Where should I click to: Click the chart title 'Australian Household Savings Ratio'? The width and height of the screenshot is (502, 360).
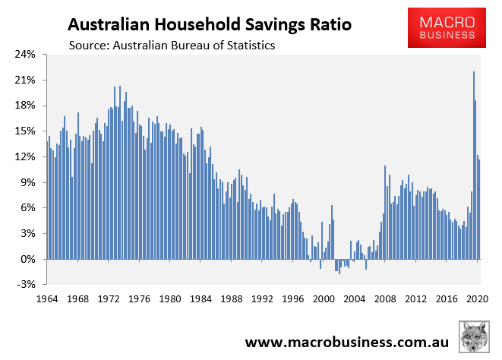[206, 24]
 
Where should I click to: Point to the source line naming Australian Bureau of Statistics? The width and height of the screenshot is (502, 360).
[172, 46]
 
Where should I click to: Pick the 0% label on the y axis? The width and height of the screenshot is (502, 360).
[29, 259]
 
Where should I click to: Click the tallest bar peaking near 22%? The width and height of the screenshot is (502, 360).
[474, 167]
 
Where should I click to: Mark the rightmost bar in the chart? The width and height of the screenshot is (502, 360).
[480, 210]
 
